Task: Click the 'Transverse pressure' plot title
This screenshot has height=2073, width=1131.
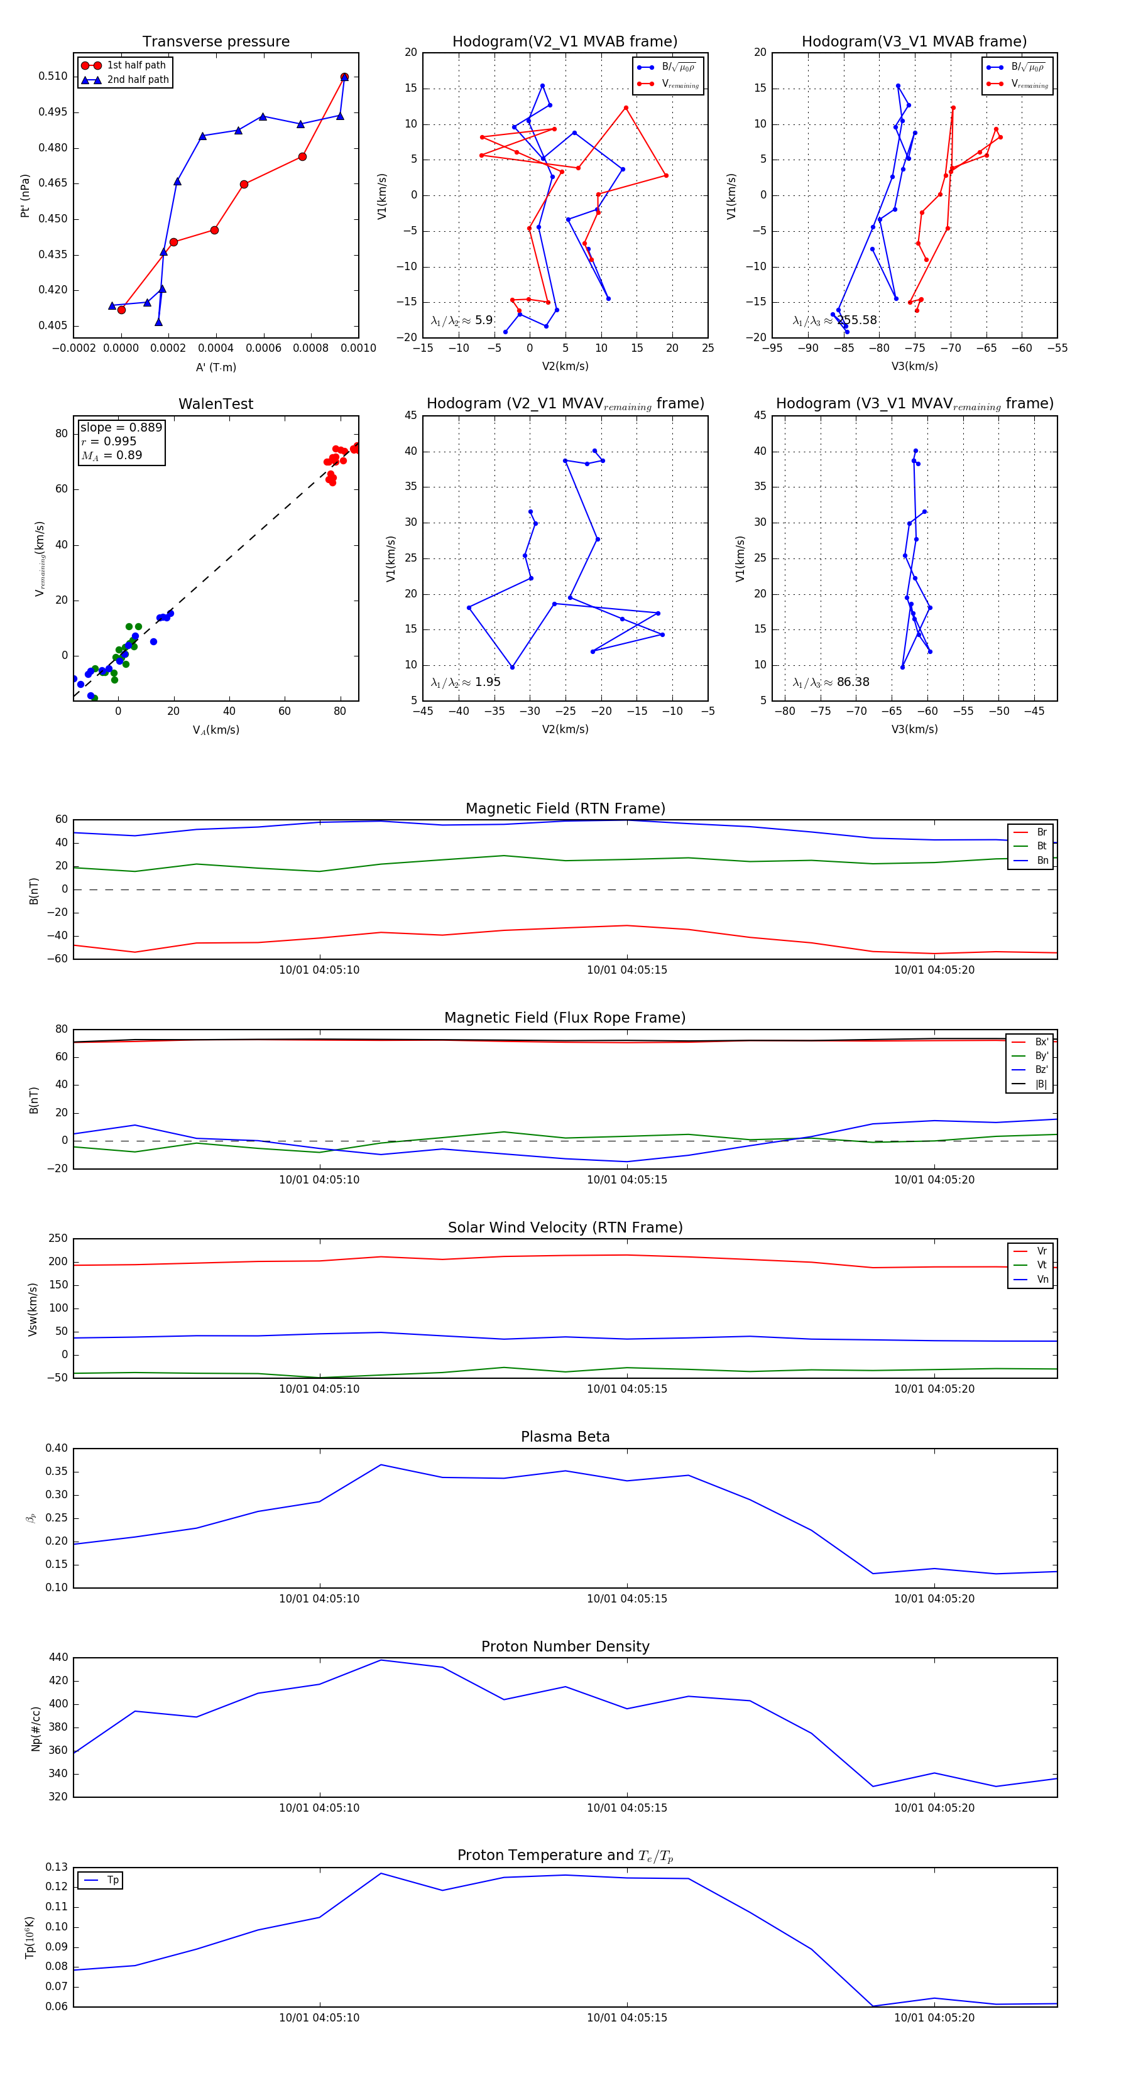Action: tap(216, 42)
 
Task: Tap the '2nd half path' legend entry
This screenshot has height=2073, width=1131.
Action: tap(138, 80)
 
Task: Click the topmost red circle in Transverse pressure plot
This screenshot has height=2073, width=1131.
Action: tap(344, 77)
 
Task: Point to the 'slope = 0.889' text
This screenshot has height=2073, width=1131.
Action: tap(121, 427)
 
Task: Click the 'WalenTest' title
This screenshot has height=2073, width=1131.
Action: tap(216, 404)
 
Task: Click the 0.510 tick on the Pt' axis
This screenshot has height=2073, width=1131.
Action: tap(53, 77)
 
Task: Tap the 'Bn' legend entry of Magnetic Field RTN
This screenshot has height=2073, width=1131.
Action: tap(1042, 860)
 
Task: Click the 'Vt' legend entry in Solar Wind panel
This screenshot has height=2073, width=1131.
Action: tap(1042, 1265)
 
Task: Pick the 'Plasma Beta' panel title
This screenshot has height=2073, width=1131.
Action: tap(565, 1437)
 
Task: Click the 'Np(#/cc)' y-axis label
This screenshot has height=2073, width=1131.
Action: tap(35, 1727)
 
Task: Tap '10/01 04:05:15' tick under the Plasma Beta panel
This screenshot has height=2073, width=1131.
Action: tap(626, 1598)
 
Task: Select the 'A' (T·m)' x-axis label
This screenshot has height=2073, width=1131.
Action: tap(216, 367)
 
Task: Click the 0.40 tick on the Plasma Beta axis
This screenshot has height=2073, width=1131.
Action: tap(57, 1449)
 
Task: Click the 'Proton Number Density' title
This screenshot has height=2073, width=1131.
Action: tap(565, 1646)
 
